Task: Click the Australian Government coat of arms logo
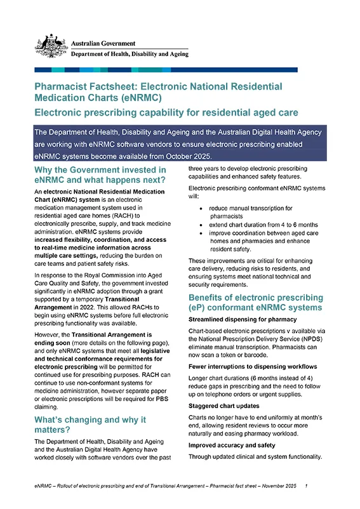(51, 46)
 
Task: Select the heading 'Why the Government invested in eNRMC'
(100, 175)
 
